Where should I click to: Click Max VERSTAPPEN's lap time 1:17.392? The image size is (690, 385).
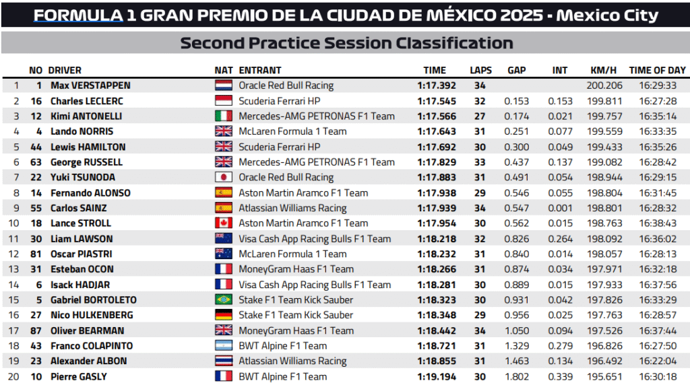point(436,85)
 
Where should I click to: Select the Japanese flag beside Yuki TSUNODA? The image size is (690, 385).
point(224,178)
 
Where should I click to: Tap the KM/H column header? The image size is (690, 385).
point(603,70)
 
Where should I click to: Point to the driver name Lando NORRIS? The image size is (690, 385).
point(82,131)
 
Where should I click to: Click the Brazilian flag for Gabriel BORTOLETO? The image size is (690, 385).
point(224,300)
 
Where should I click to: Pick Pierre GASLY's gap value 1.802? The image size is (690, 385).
point(516,377)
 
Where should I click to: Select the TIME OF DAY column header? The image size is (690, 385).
point(657,70)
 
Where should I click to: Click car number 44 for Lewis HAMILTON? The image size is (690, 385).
point(36,147)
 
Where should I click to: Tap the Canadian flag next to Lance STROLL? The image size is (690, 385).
point(224,223)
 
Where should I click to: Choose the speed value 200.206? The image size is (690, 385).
point(604,85)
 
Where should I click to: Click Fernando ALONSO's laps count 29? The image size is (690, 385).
point(480,193)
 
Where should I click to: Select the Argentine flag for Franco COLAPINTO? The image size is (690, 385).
point(224,346)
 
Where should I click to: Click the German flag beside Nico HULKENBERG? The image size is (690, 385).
point(224,316)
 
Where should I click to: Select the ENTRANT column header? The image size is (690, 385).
point(260,70)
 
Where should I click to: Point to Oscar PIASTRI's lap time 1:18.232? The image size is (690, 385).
point(436,254)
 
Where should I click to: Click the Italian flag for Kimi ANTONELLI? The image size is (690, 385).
point(224,116)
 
